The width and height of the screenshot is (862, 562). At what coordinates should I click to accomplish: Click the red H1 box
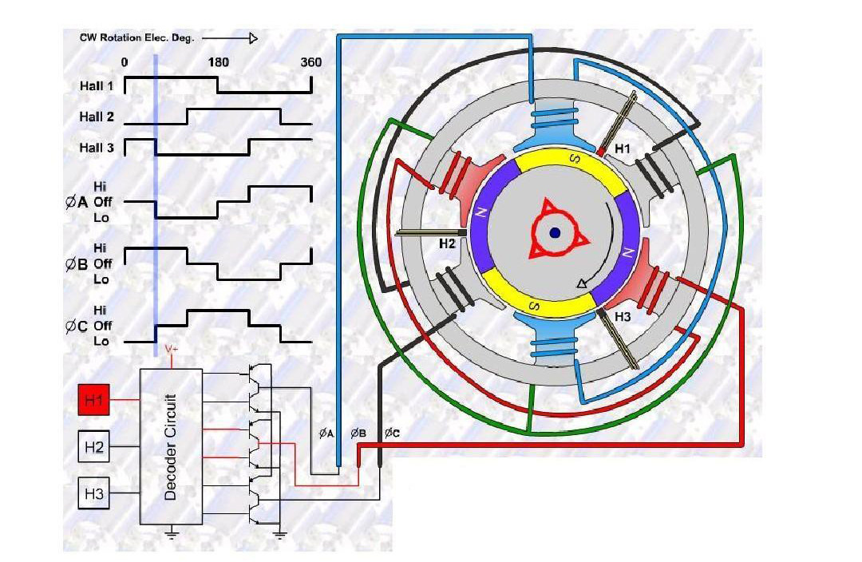(x=94, y=400)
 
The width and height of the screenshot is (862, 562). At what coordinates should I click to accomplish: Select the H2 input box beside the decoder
(x=94, y=447)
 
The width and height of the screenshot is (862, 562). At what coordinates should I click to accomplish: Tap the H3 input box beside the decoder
(x=94, y=494)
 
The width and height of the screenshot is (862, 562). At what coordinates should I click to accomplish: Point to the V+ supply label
(x=172, y=349)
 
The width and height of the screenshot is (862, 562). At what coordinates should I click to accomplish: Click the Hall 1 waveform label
(x=97, y=85)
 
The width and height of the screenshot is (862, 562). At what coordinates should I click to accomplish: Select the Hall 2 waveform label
(x=97, y=117)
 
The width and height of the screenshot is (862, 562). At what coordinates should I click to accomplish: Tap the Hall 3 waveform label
(x=97, y=148)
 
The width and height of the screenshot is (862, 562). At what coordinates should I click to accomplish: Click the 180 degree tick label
(x=218, y=62)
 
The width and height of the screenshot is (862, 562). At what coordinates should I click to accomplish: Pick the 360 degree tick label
(x=311, y=62)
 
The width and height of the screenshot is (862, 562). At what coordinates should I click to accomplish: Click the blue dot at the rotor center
(x=555, y=232)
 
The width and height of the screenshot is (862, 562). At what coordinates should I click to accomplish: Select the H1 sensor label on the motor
(x=623, y=148)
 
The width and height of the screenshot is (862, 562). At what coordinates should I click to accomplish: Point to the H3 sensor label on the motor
(x=623, y=317)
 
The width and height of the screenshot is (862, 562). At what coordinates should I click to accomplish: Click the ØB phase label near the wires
(x=358, y=433)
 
